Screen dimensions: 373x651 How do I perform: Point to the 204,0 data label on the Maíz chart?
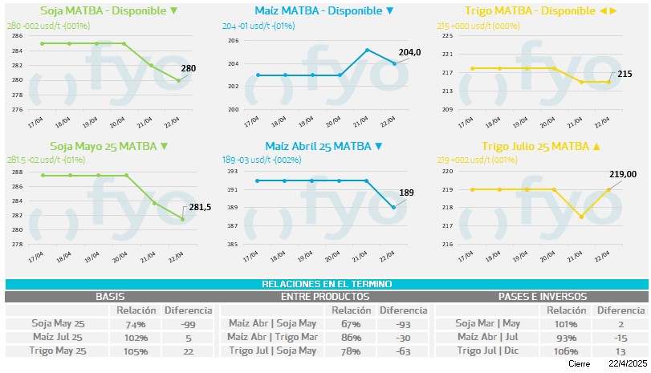409,52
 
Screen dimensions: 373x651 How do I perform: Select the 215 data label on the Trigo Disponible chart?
625,74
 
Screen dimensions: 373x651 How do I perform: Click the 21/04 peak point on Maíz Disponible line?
367,50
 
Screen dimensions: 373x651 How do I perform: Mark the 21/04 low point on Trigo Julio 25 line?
581,217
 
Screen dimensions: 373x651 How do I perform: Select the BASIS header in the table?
110,297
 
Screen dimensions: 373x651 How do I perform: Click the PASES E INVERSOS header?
542,297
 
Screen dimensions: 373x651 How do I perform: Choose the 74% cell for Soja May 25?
136,324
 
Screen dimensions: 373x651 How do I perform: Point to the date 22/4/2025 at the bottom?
626,363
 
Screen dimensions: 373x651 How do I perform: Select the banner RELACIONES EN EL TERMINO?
326,284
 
